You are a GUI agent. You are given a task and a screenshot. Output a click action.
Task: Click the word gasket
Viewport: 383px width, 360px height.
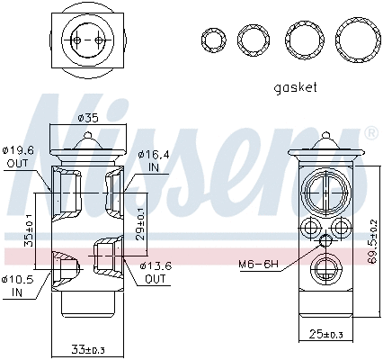pos(296,88)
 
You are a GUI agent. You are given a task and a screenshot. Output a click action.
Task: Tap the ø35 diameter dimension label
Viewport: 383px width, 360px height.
pos(87,118)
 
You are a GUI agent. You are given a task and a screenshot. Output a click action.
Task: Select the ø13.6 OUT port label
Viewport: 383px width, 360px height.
pos(156,273)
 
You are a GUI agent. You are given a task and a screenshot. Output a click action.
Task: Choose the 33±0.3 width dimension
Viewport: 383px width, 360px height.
pos(87,348)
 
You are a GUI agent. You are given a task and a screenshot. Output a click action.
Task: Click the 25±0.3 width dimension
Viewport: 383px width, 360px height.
pos(325,335)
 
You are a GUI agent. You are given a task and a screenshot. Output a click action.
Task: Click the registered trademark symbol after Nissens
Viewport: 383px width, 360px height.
pos(371,133)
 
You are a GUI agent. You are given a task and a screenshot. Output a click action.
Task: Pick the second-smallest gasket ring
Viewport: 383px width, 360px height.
pos(253,40)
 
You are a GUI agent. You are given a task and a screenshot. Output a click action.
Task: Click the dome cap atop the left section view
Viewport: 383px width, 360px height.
pos(87,139)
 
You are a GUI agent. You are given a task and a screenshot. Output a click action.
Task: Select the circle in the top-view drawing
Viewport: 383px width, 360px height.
pos(87,41)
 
